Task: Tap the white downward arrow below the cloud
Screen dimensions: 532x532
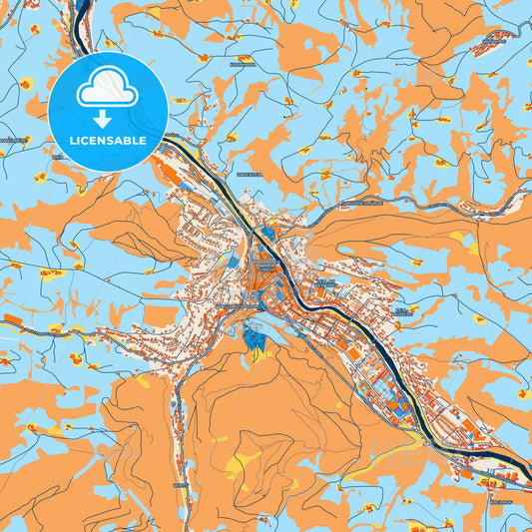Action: coord(107,119)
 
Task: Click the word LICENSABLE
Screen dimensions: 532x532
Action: coord(107,141)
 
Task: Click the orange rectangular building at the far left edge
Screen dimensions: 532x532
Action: coord(13,321)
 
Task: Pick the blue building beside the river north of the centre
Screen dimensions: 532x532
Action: coord(267,237)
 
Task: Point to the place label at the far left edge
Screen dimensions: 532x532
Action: coord(12,141)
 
